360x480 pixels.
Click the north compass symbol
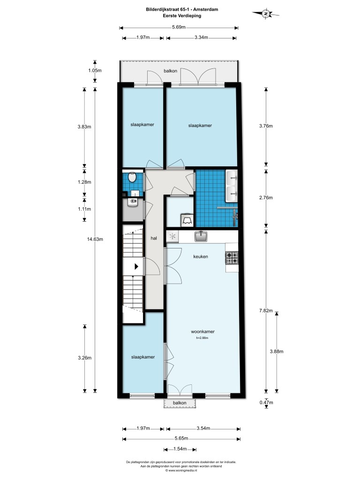coord(266,14)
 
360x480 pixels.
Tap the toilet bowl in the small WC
coord(132,177)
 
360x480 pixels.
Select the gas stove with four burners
coord(232,258)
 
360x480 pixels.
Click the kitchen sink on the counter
coord(201,236)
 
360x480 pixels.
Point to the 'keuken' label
coord(201,256)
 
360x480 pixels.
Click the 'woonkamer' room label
coord(202,331)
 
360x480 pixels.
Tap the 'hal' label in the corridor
coord(154,238)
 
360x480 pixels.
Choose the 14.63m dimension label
coord(95,239)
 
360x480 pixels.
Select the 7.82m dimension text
coord(266,311)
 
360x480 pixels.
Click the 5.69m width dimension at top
coord(179,27)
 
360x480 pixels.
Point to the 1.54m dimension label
coord(180,449)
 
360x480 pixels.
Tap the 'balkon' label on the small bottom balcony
coord(180,403)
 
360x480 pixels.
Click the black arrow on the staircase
coord(136,266)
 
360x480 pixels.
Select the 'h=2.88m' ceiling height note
coord(202,338)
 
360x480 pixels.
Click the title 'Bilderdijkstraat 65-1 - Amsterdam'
coord(182,9)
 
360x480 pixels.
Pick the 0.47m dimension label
coord(266,403)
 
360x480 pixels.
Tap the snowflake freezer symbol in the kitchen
coord(172,236)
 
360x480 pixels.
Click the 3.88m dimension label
coord(277,352)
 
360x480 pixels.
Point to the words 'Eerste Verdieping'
coord(182,15)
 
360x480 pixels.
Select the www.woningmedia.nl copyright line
coord(181,470)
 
